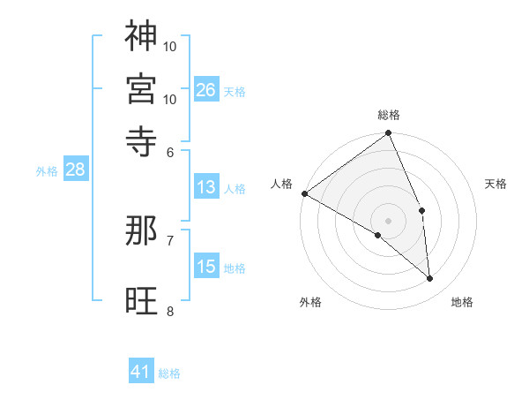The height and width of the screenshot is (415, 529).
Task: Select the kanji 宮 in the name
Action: tap(141, 88)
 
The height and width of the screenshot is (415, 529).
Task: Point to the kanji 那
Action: tap(141, 230)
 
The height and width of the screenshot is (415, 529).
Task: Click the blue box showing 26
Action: tap(206, 90)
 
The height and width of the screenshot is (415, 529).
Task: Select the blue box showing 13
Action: tap(206, 187)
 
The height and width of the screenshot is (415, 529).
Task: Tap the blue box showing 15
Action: tap(206, 267)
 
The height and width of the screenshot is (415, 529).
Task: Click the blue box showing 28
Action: tap(75, 170)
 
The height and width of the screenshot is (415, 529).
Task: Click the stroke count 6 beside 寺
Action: tap(170, 153)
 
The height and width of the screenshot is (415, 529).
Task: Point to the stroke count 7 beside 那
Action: tap(170, 240)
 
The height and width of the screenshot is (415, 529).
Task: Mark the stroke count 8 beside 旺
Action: tap(170, 311)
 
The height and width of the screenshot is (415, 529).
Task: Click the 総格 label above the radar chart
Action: tap(389, 115)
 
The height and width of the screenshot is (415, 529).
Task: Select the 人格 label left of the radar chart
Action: tap(282, 184)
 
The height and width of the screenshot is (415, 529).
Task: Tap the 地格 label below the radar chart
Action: tap(462, 302)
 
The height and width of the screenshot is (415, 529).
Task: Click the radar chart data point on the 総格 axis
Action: tap(389, 134)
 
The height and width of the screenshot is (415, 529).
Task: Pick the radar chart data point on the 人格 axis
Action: tap(304, 193)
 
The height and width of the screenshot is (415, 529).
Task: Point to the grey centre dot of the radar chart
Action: tap(389, 220)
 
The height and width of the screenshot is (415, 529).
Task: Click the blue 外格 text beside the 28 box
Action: tap(46, 171)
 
